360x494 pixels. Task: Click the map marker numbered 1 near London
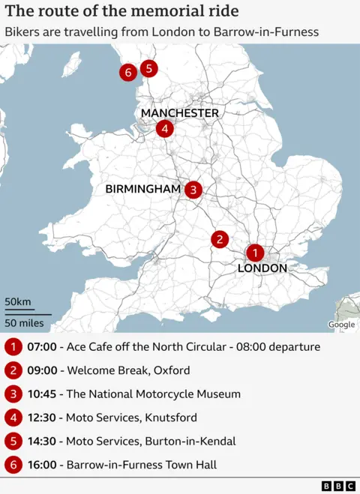255,253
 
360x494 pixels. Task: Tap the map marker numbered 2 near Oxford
219,239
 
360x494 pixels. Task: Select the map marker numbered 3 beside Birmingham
193,190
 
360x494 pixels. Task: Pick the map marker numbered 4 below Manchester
165,129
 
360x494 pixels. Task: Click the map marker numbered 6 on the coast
128,73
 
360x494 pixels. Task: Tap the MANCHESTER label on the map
180,113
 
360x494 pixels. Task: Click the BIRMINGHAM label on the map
143,190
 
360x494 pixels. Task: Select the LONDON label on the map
262,268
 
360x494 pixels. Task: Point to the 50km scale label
18,302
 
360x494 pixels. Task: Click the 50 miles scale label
25,323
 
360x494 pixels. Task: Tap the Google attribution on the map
341,325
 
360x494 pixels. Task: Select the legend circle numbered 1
13,347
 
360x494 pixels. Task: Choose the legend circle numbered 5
13,441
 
